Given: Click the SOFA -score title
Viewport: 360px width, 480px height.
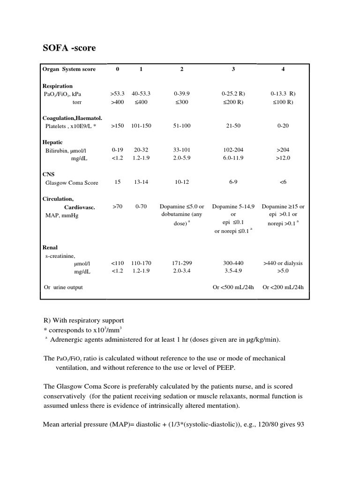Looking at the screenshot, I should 69,48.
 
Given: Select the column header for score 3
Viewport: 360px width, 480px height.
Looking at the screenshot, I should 233,69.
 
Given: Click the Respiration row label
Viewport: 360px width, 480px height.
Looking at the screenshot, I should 58,86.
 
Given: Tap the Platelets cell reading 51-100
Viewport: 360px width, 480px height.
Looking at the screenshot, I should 181,126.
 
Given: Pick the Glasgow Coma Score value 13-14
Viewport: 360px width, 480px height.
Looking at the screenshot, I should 141,182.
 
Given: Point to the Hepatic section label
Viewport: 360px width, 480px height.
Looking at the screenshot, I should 52,142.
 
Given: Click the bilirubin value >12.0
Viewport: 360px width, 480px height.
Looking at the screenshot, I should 283,158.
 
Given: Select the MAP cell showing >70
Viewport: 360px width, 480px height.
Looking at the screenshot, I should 117,206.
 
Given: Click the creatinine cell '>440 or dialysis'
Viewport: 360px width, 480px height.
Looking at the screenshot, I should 283,263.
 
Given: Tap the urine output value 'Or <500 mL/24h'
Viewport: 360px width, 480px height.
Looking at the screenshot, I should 233,287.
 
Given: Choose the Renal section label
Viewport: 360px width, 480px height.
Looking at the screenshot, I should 50,247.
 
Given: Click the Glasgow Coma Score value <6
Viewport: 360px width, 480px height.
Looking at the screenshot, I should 283,182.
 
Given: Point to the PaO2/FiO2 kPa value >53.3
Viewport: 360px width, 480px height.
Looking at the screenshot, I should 117,94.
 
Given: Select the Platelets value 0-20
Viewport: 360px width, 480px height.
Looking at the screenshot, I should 283,126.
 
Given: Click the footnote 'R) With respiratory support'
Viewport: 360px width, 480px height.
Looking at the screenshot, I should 83,321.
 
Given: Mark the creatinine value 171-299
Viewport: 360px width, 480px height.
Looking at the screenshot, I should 181,263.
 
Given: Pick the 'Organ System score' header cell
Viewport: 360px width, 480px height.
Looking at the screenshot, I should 69,69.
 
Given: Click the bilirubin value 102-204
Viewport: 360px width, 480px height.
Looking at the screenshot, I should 233,150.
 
